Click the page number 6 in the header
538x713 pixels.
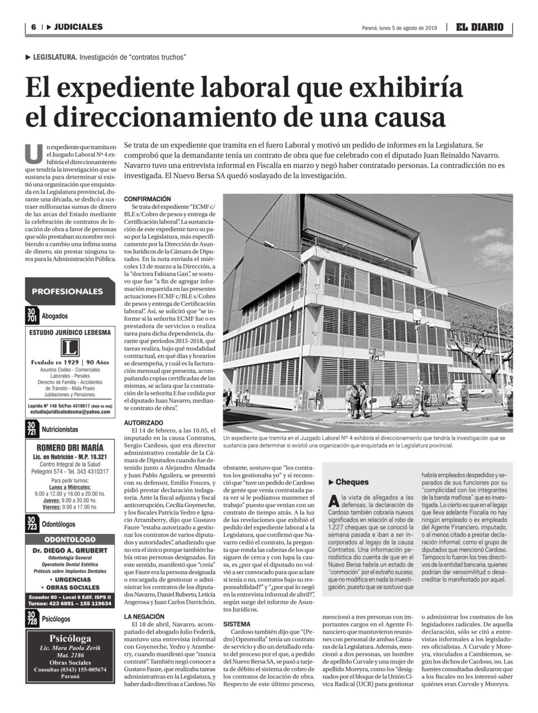point(33,27)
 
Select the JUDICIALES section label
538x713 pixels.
point(78,27)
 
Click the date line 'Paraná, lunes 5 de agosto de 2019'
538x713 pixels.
point(398,27)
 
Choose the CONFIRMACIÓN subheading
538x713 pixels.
point(147,199)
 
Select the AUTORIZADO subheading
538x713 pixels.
point(143,423)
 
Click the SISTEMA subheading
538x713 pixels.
point(237,624)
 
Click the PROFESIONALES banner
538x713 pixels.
point(67,291)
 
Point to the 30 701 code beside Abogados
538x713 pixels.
point(33,316)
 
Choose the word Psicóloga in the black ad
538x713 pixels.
point(70,639)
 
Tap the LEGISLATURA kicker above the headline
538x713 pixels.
point(55,57)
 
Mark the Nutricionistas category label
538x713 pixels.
point(60,429)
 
